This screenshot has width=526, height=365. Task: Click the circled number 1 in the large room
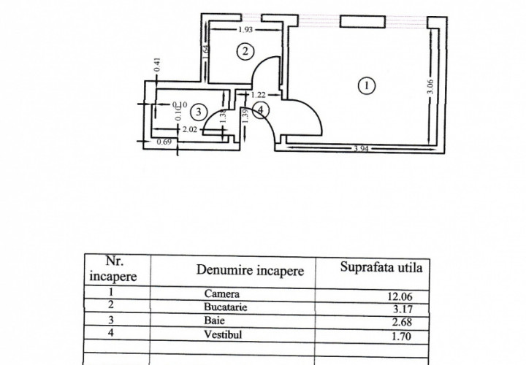pyautogui.click(x=366, y=85)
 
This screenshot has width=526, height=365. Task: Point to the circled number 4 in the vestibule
pyautogui.click(x=262, y=110)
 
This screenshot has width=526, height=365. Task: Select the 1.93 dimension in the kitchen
pyautogui.click(x=247, y=31)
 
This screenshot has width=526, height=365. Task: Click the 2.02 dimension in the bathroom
pyautogui.click(x=190, y=130)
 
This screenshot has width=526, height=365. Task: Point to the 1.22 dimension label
pyautogui.click(x=258, y=94)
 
